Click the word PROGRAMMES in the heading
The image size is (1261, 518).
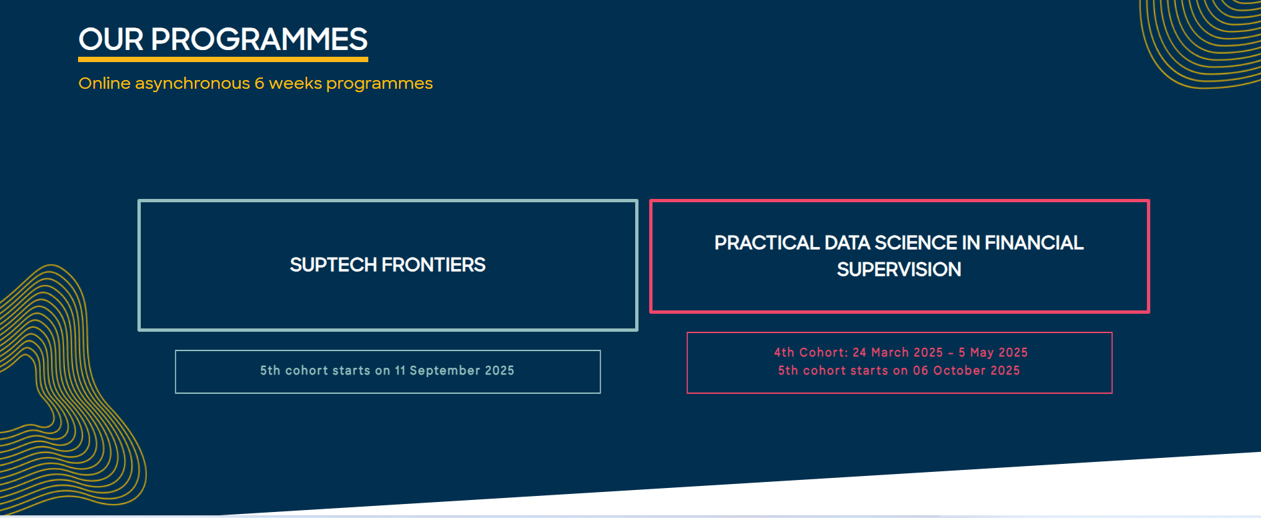[259, 40]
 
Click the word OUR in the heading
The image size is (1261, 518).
[111, 40]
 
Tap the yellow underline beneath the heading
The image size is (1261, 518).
[223, 59]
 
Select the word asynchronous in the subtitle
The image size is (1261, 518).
[192, 83]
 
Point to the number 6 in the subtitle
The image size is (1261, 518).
[260, 83]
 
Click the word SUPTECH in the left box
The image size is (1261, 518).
[333, 265]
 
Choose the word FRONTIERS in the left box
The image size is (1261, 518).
[434, 265]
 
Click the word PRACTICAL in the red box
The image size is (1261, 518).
[767, 243]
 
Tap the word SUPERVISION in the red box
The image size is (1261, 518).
[899, 270]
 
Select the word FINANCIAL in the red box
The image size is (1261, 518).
[1033, 243]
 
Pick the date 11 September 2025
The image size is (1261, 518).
[454, 370]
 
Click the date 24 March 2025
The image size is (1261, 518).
[897, 352]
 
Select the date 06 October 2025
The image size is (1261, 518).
[966, 370]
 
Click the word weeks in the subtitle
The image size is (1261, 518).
[295, 83]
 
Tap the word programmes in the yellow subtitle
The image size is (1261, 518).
[379, 83]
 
